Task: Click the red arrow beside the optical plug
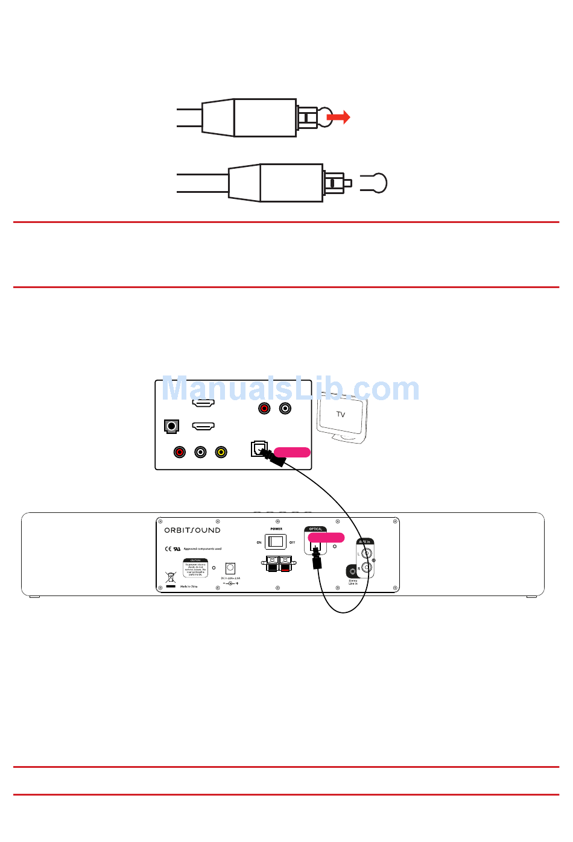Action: (x=338, y=117)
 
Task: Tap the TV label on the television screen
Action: (x=341, y=415)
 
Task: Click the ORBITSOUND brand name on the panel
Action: (x=192, y=530)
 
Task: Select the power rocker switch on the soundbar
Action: (x=276, y=542)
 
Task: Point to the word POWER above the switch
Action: (x=276, y=529)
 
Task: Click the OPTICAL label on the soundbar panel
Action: (x=315, y=529)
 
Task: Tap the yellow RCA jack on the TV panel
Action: (x=221, y=452)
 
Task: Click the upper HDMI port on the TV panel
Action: (x=203, y=403)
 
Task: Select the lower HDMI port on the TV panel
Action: (x=203, y=426)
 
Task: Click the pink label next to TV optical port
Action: (x=293, y=452)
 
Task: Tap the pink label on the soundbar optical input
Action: (x=326, y=538)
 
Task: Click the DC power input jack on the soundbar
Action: (x=230, y=568)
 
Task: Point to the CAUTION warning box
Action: (x=195, y=568)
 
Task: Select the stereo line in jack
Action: (x=353, y=571)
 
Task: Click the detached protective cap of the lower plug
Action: (x=375, y=183)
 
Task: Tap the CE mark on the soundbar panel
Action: (x=168, y=549)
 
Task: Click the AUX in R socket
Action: (x=366, y=568)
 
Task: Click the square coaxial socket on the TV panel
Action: (x=172, y=427)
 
